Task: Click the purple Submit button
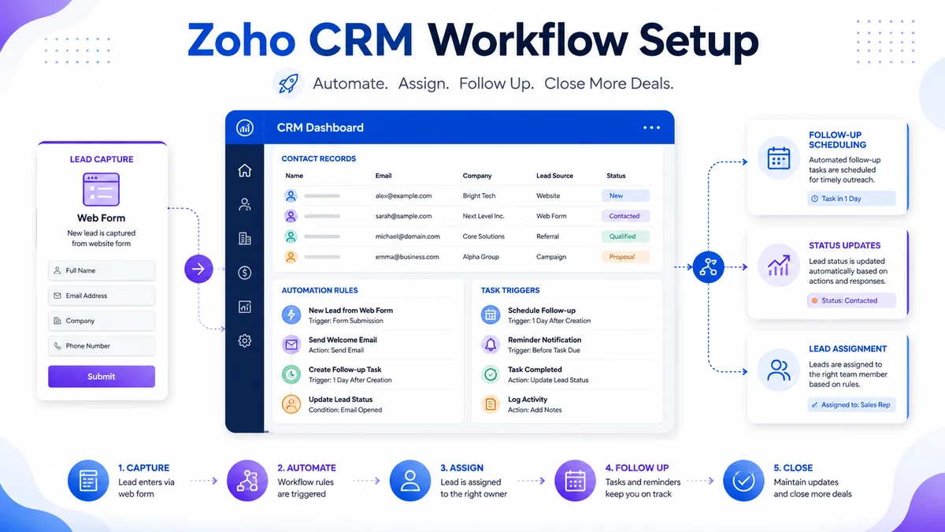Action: click(x=102, y=376)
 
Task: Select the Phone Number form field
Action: click(x=102, y=346)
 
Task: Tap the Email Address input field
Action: click(x=102, y=296)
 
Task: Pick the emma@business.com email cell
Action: click(x=407, y=257)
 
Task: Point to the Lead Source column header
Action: click(x=554, y=176)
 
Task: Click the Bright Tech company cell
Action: click(x=479, y=196)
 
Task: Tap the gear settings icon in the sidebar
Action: click(x=245, y=340)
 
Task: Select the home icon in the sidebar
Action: click(x=245, y=170)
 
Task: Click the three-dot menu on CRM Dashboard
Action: click(x=651, y=128)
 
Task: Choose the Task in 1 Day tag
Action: click(x=851, y=199)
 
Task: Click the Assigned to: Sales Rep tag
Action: click(x=851, y=404)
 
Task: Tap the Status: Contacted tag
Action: click(x=851, y=300)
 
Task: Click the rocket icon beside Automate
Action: click(x=288, y=84)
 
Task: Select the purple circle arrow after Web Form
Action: click(x=198, y=269)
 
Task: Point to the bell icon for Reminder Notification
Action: click(x=491, y=344)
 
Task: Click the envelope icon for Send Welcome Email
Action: click(x=291, y=344)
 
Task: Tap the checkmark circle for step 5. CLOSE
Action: click(x=743, y=481)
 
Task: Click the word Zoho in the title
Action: click(x=241, y=39)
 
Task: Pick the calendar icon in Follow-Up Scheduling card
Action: click(x=779, y=158)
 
